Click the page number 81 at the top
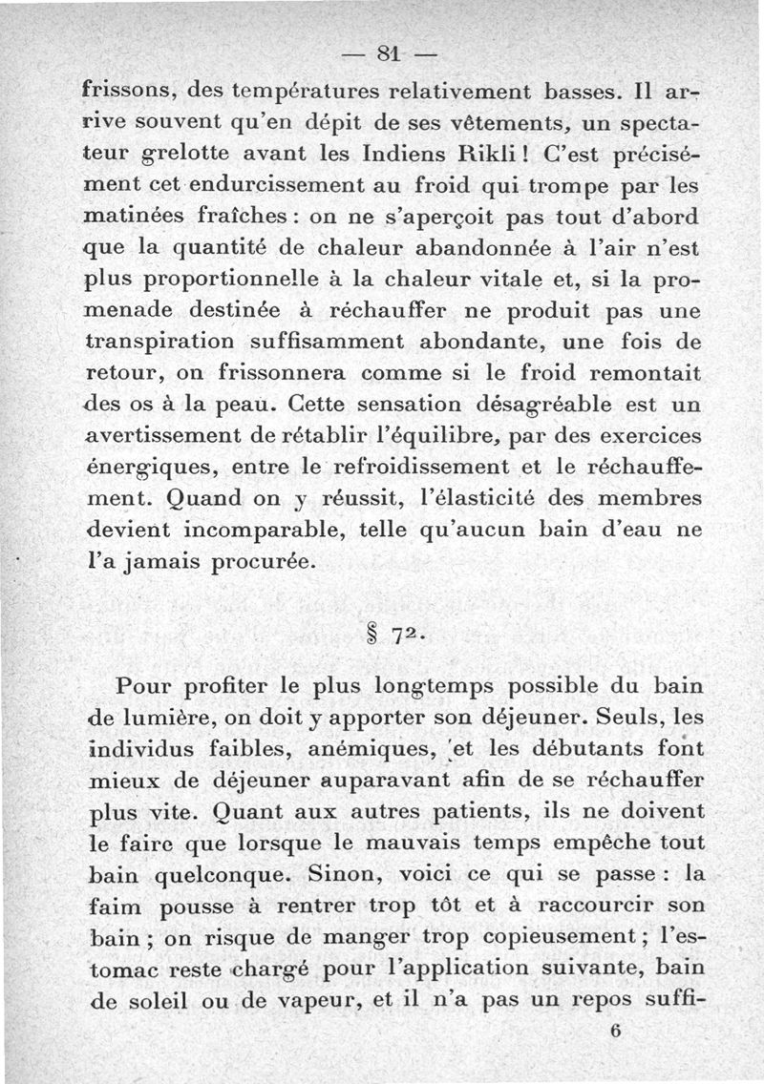tap(387, 51)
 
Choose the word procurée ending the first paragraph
tap(260, 563)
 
